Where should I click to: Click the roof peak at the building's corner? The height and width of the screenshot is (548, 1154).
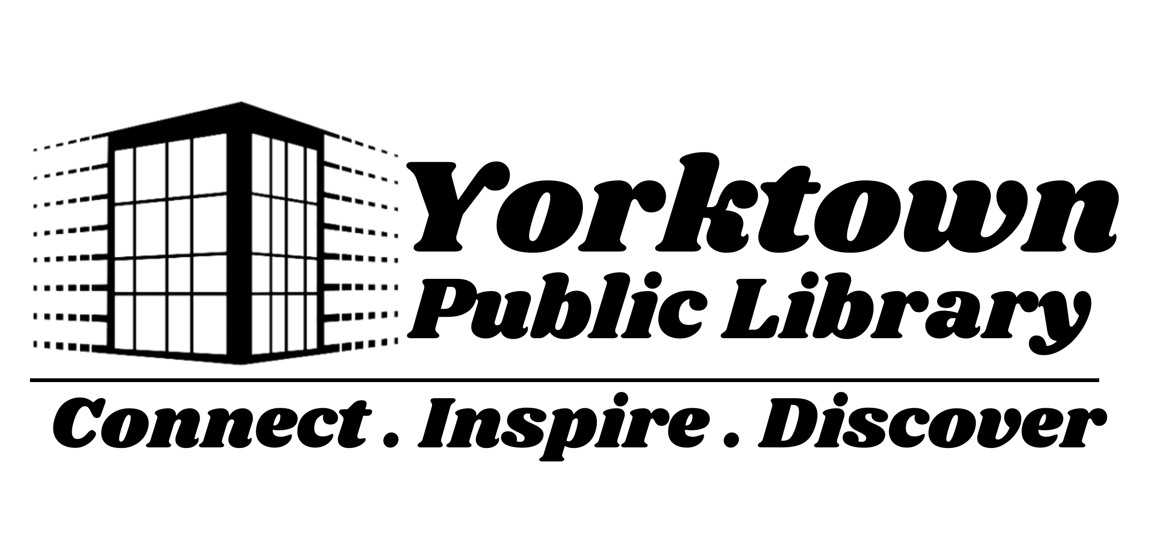click(x=241, y=100)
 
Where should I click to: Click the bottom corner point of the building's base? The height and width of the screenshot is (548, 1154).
click(x=240, y=366)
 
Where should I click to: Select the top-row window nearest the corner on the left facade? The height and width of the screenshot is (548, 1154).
click(x=209, y=164)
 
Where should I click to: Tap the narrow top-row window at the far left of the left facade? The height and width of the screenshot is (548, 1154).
click(x=124, y=176)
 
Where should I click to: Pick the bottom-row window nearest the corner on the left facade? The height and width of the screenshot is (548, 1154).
click(x=209, y=324)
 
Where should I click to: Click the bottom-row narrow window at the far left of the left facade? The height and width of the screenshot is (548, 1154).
click(x=124, y=323)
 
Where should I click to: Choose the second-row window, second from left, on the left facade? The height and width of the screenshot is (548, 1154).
click(x=150, y=229)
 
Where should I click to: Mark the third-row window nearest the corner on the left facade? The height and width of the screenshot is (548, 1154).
click(x=209, y=274)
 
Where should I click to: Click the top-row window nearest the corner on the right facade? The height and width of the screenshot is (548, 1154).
click(x=260, y=164)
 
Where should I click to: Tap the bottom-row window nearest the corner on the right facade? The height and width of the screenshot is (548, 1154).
click(x=260, y=324)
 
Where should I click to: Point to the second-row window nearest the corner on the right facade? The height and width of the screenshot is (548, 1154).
click(x=260, y=224)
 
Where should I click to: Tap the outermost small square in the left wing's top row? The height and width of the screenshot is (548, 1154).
click(x=35, y=150)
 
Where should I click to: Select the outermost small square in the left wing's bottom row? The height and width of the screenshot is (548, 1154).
click(x=35, y=344)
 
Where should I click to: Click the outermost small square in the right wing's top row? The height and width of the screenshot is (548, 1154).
click(x=396, y=156)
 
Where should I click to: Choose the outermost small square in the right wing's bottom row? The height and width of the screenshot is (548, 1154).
click(x=396, y=341)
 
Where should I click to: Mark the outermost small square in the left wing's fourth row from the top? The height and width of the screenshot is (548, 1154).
click(x=35, y=234)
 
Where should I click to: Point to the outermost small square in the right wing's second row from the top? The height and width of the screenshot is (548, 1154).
click(x=396, y=182)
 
